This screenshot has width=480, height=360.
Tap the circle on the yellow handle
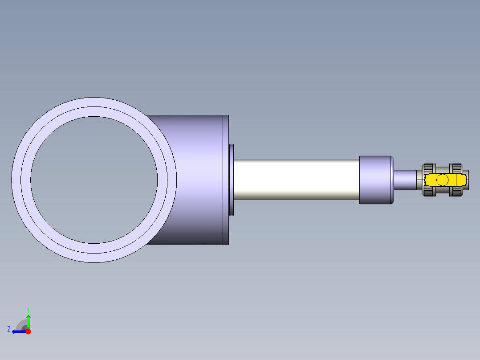pos(442,180)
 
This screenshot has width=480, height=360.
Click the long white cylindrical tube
pos(296,180)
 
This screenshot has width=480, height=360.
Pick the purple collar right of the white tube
pos(374,180)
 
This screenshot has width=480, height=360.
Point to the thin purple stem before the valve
pos(405,180)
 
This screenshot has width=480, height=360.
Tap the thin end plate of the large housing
pos(226,180)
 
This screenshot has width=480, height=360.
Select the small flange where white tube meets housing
pos(232,180)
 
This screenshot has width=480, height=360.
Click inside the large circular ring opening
pos(94,180)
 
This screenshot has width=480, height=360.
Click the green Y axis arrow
pos(28,320)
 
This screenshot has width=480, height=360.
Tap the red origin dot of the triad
pos(28,331)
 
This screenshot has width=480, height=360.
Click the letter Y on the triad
pos(28,309)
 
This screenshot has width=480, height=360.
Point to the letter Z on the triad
pos(8,329)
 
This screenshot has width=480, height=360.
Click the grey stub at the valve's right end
pos(467,180)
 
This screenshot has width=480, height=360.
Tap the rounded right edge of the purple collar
pos(392,180)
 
